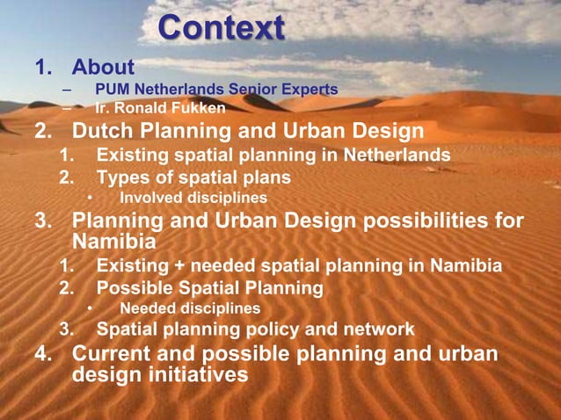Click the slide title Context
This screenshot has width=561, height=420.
tap(221, 28)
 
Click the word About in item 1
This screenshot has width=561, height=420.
tap(103, 67)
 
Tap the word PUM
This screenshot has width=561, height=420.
tap(110, 89)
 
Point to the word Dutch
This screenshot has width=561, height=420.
tap(103, 132)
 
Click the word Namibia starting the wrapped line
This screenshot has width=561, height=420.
tap(114, 241)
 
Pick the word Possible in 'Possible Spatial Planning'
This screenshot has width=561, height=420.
tap(131, 286)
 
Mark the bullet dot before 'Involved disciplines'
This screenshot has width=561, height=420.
tap(90, 198)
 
